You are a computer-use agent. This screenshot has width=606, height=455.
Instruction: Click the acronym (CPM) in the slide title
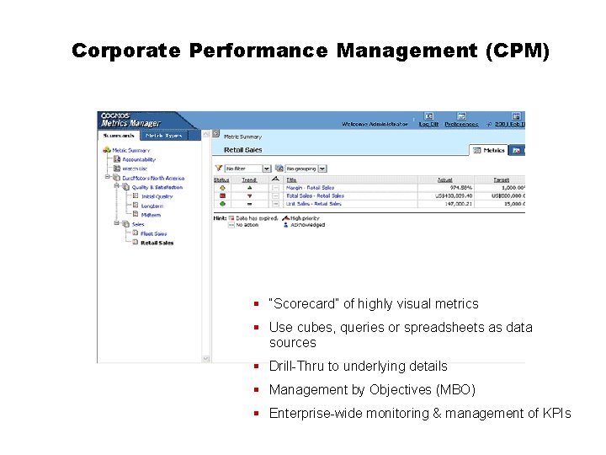point(518,51)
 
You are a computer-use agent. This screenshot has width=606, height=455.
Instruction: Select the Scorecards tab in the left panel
point(119,135)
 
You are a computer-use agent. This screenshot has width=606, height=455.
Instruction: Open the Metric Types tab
point(163,135)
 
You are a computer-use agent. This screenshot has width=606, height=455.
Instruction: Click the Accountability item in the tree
point(139,159)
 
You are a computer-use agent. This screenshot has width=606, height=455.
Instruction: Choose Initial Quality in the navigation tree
point(157,196)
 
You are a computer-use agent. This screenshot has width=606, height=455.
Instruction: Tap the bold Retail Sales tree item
point(157,243)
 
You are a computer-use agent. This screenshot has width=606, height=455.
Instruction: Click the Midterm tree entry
point(151,215)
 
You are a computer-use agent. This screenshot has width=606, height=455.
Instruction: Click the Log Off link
point(429,124)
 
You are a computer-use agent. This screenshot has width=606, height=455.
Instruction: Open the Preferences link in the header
point(461,124)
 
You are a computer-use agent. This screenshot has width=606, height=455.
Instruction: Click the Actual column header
point(444,179)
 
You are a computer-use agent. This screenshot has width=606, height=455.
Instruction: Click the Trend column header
point(249,179)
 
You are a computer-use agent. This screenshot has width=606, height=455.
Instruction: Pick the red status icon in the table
point(222,195)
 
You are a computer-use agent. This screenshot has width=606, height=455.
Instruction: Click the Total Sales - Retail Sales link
point(315,195)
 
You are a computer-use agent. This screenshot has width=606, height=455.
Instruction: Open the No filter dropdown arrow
point(267,169)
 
